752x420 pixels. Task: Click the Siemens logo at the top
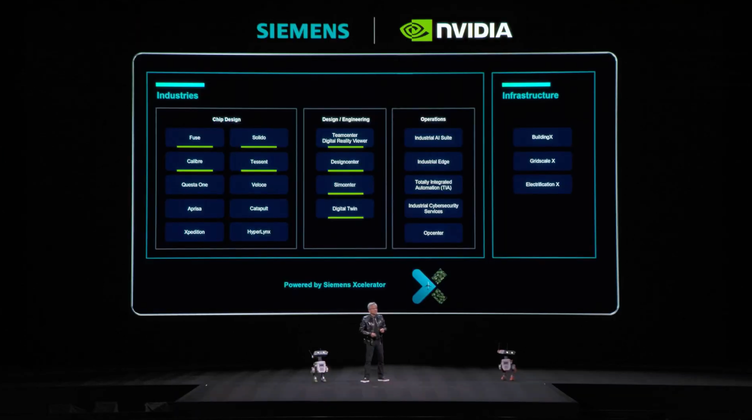coord(303,31)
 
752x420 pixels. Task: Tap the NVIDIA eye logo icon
coord(415,31)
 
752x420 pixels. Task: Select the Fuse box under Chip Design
coord(194,137)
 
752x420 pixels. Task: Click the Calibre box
coord(194,162)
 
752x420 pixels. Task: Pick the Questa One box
coord(194,184)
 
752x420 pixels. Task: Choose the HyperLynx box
coord(258,231)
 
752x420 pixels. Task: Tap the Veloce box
coord(258,184)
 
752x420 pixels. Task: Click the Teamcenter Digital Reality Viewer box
coord(345,138)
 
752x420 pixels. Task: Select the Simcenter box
coord(345,185)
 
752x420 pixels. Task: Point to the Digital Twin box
coord(345,209)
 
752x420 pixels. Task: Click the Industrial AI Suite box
coord(433,138)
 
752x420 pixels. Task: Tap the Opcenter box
coord(433,233)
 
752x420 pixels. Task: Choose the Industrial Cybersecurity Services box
coord(433,209)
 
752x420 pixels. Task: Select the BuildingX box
coord(542,137)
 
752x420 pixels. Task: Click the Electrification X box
coord(542,184)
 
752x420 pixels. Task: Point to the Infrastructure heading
coord(530,95)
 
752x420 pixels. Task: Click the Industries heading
coord(177,95)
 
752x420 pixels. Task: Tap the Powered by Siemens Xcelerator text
coord(335,285)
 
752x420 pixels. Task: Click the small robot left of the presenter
coord(320,365)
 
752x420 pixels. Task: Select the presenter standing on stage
coord(374,344)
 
